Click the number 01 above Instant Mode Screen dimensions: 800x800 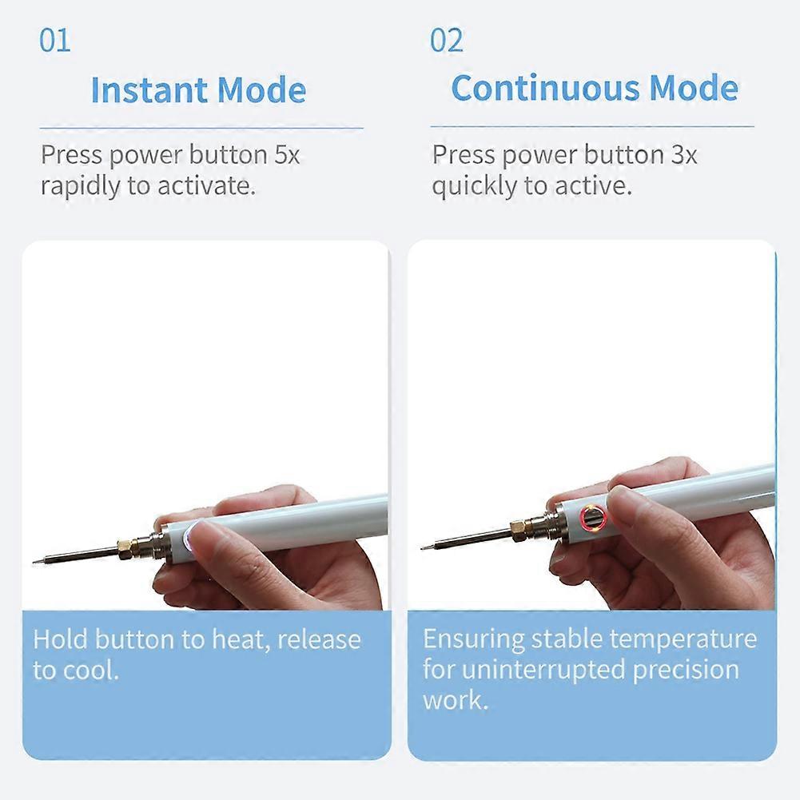[x=55, y=40]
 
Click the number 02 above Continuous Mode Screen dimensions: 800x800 [x=447, y=40]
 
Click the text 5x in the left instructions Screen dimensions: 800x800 [x=287, y=154]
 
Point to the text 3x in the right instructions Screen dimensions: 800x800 [x=683, y=154]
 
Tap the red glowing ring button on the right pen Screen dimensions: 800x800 [x=592, y=518]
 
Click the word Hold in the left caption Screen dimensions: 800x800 [x=61, y=639]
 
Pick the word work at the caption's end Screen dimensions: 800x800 [x=453, y=700]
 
